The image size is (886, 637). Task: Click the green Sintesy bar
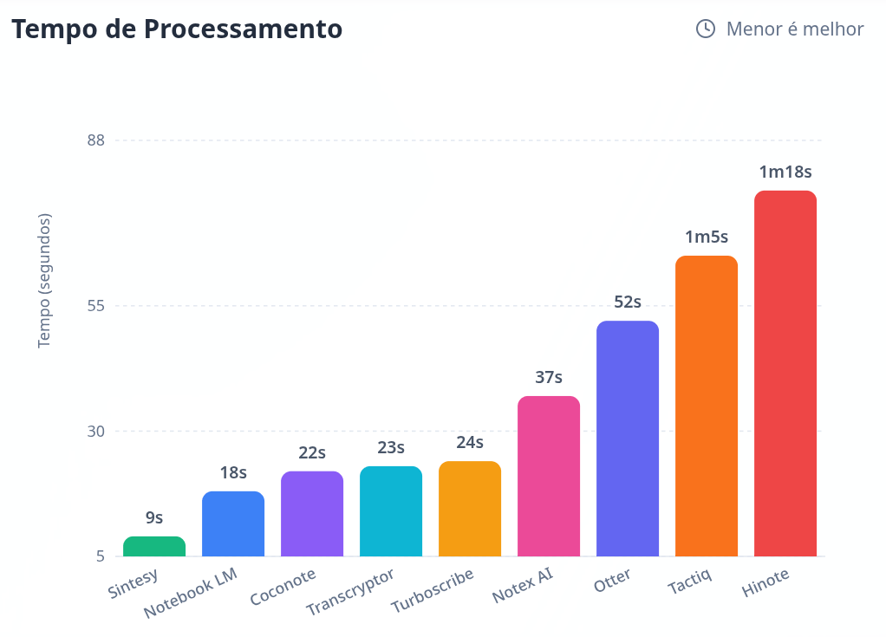click(x=154, y=546)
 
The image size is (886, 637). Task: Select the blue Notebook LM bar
click(x=233, y=523)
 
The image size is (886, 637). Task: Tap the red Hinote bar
click(x=785, y=374)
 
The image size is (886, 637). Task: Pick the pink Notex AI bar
click(x=549, y=476)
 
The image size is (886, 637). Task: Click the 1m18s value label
click(x=785, y=172)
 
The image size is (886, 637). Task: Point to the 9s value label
click(x=154, y=518)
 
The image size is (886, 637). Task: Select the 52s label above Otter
click(x=628, y=302)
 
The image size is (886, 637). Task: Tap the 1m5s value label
click(x=707, y=237)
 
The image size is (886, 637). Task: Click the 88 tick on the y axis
click(x=96, y=140)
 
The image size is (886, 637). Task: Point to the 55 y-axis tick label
click(x=96, y=306)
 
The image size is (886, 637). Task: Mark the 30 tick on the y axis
click(x=96, y=431)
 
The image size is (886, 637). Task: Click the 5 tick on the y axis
click(x=101, y=556)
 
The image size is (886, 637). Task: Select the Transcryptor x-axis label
click(x=350, y=593)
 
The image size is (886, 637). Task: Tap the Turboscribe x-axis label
click(x=433, y=591)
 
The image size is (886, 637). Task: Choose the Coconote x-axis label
click(x=283, y=587)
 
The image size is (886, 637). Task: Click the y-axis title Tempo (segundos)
click(x=45, y=280)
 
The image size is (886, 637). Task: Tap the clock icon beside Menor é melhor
click(x=706, y=29)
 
